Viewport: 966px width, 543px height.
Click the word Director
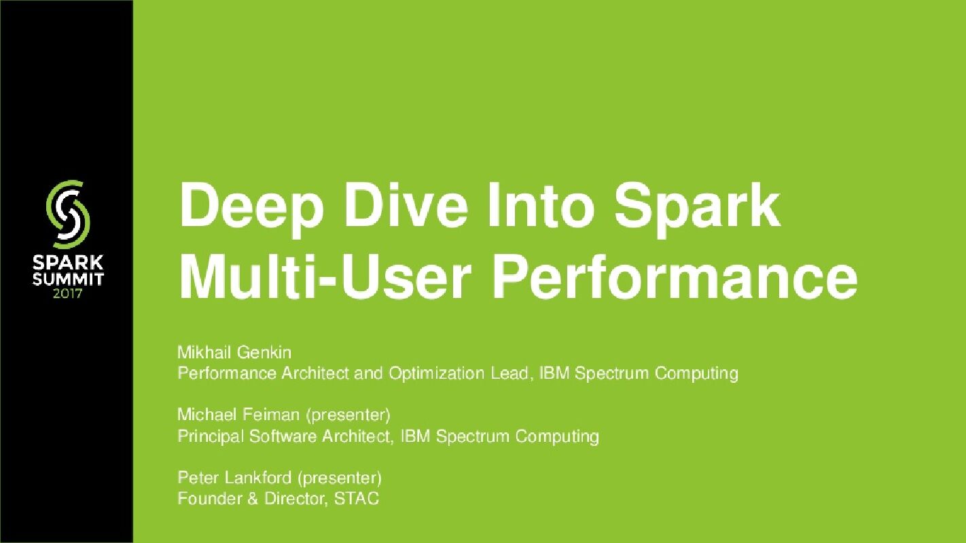pos(296,499)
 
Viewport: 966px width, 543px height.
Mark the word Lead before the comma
pos(511,373)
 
